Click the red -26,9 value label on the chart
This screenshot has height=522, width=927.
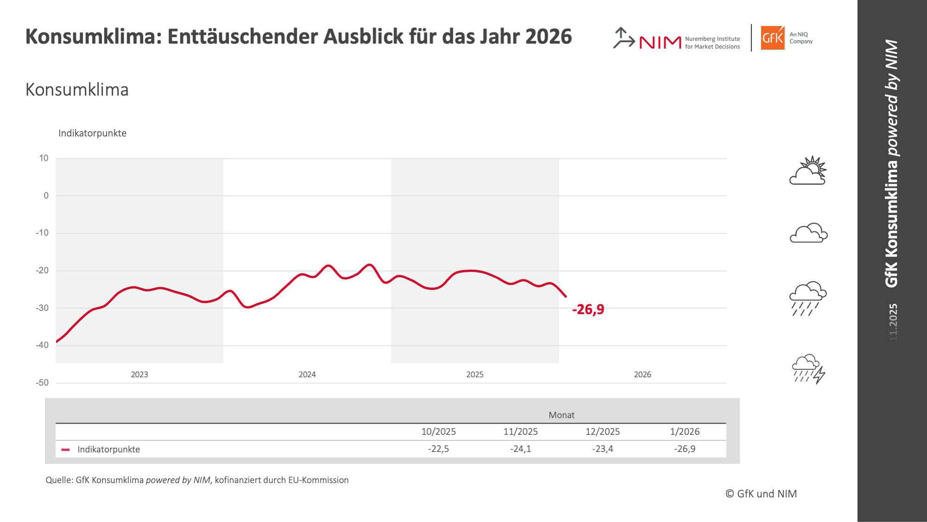588,309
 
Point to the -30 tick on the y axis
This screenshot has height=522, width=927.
42,308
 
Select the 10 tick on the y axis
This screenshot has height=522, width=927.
44,158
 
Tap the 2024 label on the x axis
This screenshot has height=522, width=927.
307,374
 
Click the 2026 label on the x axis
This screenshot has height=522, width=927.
642,374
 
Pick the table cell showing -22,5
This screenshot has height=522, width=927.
438,449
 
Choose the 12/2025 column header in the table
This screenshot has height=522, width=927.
603,432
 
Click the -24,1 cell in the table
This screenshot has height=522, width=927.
521,449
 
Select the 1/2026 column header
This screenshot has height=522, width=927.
685,432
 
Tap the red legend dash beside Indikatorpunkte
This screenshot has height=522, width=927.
66,450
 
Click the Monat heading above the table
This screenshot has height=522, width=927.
561,415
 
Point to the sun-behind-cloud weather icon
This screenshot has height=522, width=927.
808,171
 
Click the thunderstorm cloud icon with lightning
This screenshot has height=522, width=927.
809,369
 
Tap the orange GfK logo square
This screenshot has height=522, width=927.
773,38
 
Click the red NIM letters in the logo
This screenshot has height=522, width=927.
660,43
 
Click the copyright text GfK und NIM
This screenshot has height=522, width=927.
761,494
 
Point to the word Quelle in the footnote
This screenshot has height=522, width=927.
58,480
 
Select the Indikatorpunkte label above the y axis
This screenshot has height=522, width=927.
92,133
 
